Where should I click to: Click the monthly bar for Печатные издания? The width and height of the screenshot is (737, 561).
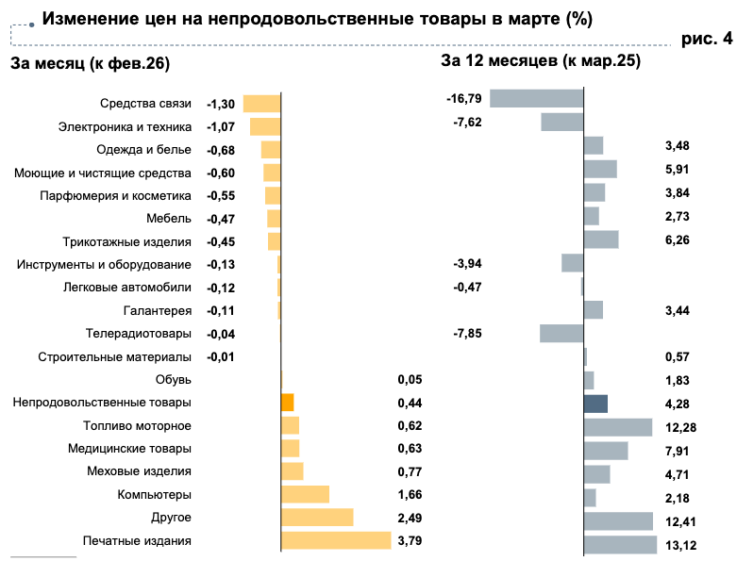click(x=336, y=540)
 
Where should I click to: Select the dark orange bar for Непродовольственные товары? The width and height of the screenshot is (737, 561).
click(x=288, y=403)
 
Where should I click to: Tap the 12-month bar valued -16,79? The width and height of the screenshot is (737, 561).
click(x=537, y=98)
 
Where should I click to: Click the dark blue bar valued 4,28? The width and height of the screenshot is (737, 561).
click(x=596, y=404)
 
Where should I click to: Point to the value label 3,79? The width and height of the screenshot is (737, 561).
click(x=409, y=540)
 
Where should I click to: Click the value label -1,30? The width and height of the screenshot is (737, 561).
click(x=221, y=104)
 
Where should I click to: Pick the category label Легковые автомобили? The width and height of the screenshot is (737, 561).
click(x=127, y=288)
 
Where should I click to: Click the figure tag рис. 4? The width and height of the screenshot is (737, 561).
click(x=706, y=39)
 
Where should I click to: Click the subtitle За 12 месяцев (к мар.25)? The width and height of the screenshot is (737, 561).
click(x=541, y=61)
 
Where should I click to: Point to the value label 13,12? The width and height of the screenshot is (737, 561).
click(x=678, y=544)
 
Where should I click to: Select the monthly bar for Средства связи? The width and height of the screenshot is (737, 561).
click(x=262, y=104)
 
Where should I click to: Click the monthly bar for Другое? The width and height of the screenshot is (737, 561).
click(x=317, y=518)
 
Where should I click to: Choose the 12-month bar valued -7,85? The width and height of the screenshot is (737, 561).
click(x=561, y=333)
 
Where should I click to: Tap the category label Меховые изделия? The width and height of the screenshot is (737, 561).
click(x=139, y=471)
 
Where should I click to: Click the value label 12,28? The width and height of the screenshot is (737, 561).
click(x=678, y=427)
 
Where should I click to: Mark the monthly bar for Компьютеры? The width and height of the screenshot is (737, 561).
click(x=306, y=494)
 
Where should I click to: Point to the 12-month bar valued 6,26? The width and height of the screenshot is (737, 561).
click(x=601, y=239)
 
